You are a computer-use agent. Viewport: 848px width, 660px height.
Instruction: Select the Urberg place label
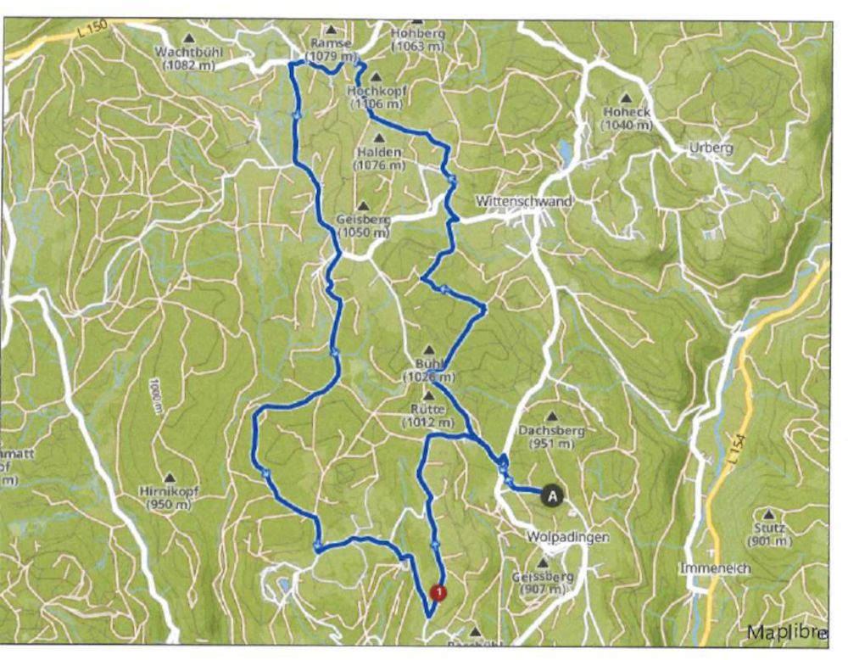click(x=711, y=148)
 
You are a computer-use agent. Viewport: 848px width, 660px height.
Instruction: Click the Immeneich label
click(x=715, y=568)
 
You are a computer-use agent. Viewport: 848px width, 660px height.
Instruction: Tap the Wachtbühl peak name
click(x=188, y=51)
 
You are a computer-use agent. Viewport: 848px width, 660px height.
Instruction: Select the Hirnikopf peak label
click(x=170, y=491)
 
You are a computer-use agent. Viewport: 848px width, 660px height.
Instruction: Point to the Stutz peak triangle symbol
click(x=768, y=514)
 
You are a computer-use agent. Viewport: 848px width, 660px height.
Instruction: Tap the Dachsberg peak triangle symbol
click(x=552, y=417)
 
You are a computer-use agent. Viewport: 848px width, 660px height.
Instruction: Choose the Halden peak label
click(x=379, y=151)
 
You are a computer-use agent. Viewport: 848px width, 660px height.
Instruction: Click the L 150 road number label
click(x=88, y=33)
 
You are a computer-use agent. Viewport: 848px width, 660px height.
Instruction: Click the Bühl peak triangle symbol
click(x=429, y=350)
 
